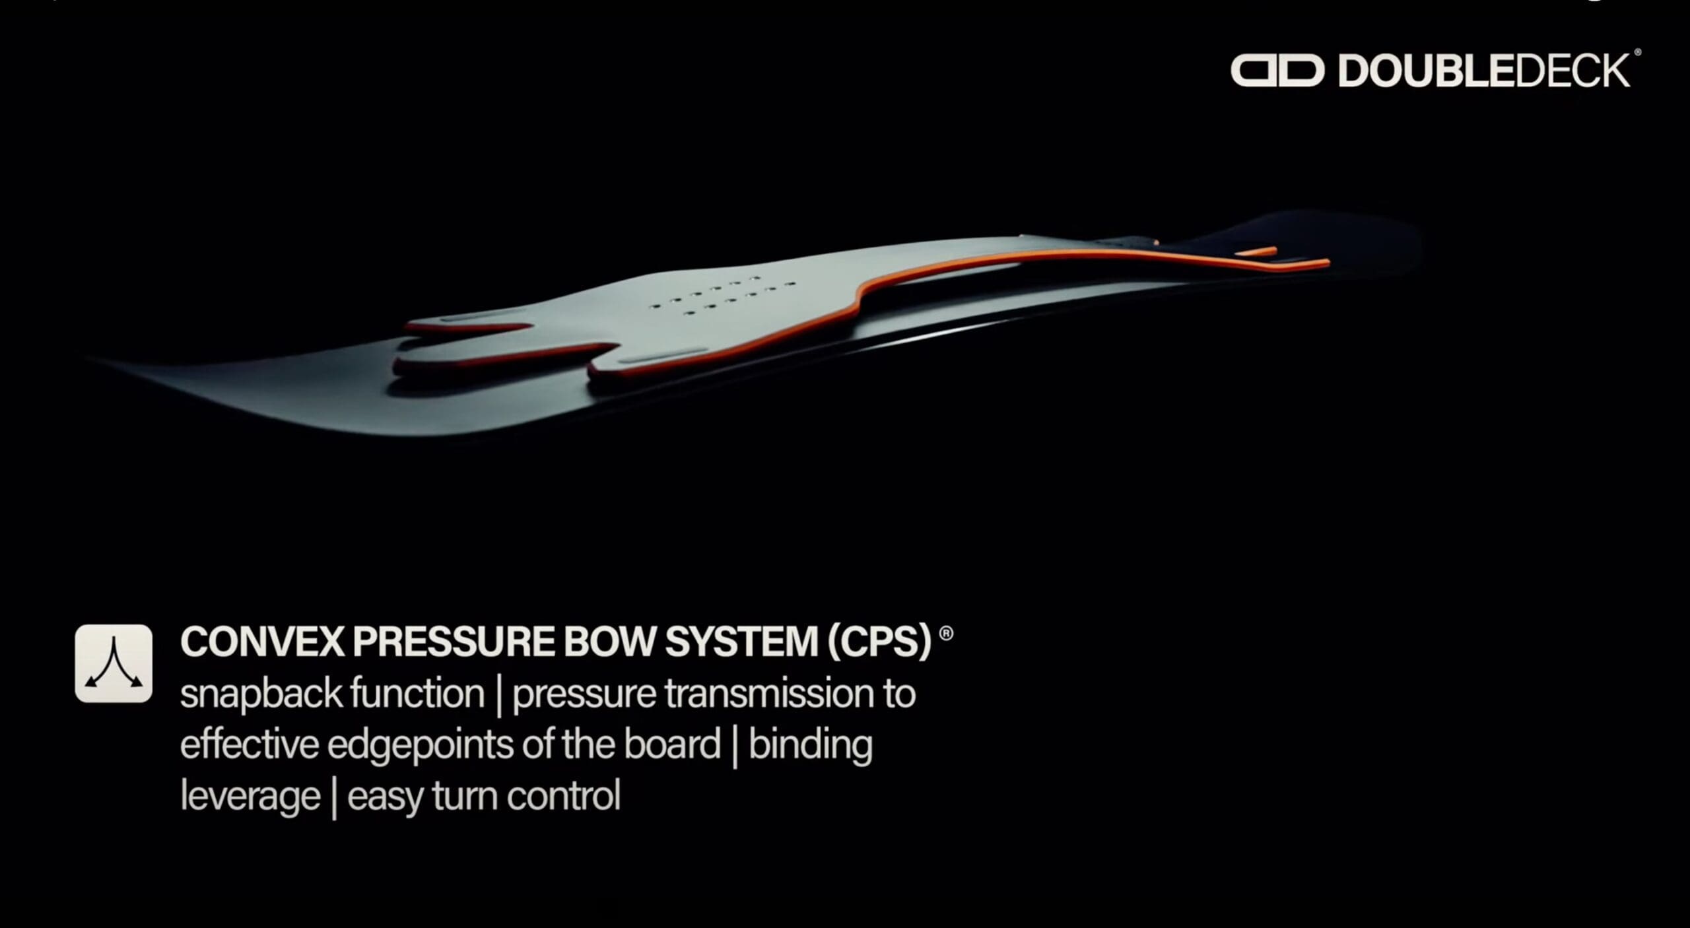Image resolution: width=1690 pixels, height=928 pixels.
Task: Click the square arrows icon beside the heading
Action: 114,663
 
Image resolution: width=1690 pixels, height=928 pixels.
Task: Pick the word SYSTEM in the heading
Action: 741,642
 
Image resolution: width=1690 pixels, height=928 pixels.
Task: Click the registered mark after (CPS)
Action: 946,634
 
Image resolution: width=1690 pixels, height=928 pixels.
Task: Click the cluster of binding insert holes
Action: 723,295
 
